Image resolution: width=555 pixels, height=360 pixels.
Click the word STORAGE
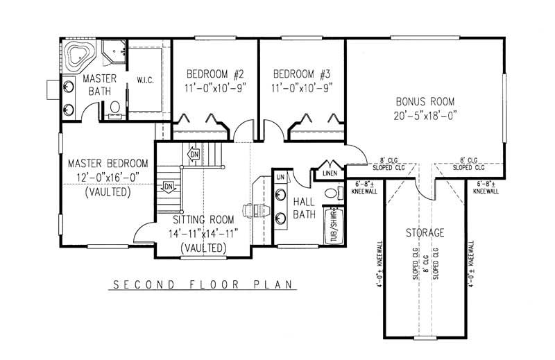(x=425, y=233)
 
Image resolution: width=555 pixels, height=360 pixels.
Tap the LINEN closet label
(x=330, y=174)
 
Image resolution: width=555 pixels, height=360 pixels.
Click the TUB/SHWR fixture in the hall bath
(x=334, y=225)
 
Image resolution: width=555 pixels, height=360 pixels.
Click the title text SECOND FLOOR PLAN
(x=202, y=284)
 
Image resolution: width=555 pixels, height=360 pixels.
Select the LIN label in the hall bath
(x=280, y=178)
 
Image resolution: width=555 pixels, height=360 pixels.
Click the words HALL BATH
(x=304, y=207)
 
